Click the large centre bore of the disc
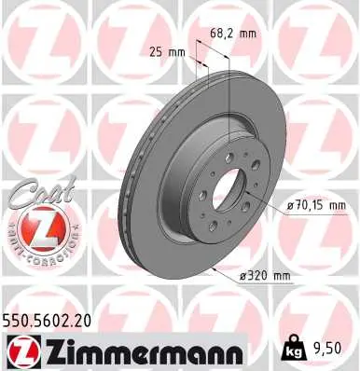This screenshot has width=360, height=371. coord(228,189)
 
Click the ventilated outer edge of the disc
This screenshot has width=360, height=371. coord(136,186)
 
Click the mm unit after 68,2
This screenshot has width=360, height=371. coord(247,34)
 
